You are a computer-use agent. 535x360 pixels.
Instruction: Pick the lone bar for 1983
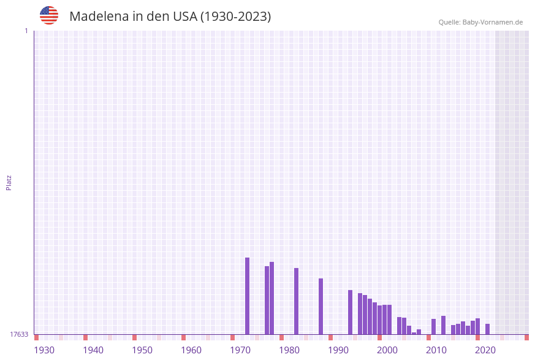click(x=297, y=301)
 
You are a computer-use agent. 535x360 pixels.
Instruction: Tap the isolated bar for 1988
click(x=321, y=306)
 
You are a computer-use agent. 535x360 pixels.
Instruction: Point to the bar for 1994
click(x=351, y=312)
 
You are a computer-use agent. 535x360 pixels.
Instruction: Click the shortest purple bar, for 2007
click(x=414, y=334)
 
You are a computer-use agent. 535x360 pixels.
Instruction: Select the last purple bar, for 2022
click(x=488, y=329)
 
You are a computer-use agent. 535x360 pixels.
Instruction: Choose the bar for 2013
click(x=444, y=325)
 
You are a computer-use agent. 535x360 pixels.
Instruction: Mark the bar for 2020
click(x=478, y=326)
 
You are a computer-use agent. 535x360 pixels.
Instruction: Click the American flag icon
click(x=49, y=15)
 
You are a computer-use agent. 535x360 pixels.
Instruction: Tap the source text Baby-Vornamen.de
click(x=493, y=22)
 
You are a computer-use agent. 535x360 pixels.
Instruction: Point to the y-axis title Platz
click(x=9, y=182)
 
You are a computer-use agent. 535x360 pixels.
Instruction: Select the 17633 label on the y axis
click(x=19, y=334)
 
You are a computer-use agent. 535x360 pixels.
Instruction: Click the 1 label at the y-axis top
click(x=26, y=31)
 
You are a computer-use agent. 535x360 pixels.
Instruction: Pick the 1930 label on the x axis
click(x=44, y=350)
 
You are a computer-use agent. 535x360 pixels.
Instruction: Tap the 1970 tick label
click(x=240, y=350)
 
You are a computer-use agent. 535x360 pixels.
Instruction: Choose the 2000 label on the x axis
click(x=387, y=350)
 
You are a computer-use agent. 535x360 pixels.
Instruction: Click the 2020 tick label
click(x=485, y=350)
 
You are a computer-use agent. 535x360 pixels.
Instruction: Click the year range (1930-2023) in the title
click(x=236, y=17)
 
